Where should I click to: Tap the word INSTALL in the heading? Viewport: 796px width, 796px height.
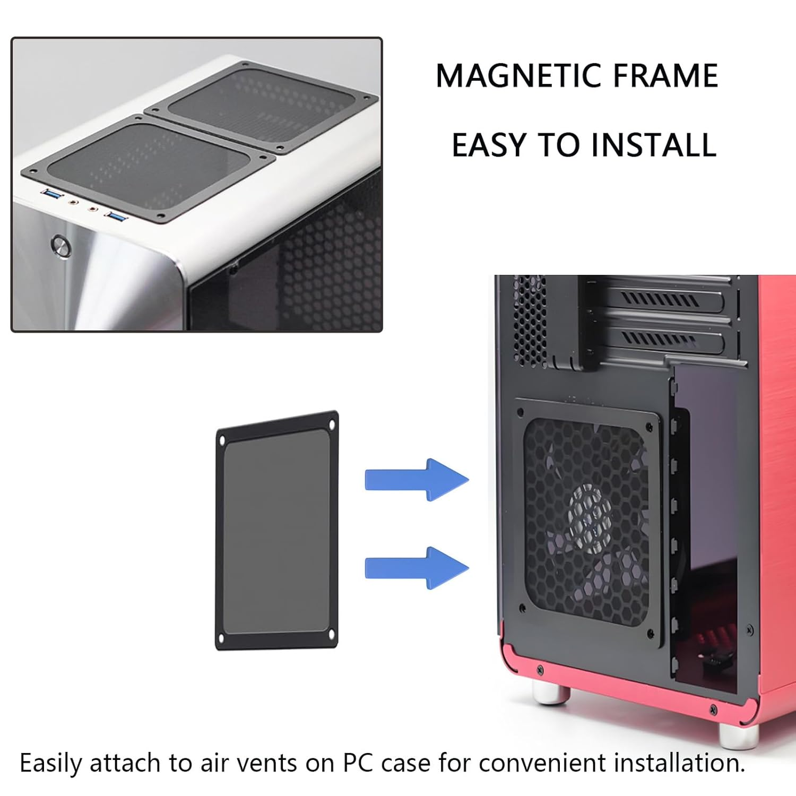654,145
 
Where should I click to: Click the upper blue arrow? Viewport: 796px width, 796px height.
417,480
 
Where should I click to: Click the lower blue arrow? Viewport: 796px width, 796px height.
417,568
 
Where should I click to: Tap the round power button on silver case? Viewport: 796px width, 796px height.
61,246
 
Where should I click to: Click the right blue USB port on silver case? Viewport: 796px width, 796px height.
116,215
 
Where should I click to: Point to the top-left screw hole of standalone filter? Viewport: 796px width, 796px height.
222,440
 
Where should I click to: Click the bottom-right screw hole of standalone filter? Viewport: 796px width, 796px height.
331,634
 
